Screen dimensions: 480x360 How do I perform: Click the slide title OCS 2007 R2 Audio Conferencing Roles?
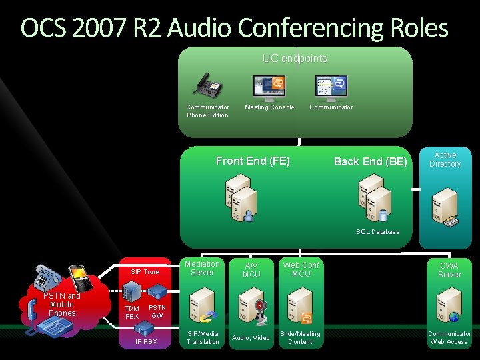235,28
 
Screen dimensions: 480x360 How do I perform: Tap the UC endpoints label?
295,59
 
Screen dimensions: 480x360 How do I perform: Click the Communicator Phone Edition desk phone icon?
207,86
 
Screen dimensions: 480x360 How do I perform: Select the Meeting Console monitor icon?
269,86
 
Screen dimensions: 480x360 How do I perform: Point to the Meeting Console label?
269,107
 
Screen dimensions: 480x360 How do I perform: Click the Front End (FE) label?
253,161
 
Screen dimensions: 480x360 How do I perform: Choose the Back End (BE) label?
370,161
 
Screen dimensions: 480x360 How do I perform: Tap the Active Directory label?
445,159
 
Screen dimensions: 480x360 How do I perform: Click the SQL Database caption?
378,232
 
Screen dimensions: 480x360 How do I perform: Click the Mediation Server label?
202,268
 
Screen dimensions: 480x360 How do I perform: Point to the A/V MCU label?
251,270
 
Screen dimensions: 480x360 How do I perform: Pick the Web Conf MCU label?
301,269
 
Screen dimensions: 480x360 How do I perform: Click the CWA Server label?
449,270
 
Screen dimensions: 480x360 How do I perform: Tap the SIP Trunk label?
145,272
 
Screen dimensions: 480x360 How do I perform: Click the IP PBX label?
146,342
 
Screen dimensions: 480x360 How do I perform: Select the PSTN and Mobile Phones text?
62,304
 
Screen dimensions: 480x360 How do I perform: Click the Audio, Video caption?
251,338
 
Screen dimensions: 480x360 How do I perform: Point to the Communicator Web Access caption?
449,338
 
